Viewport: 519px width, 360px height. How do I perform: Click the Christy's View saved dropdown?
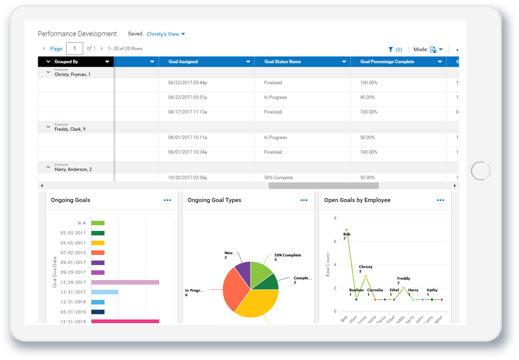pos(166,34)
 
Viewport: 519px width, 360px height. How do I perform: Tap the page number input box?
pos(75,49)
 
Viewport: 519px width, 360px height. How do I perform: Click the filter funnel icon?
pos(391,50)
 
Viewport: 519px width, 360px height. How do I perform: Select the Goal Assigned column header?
pos(183,62)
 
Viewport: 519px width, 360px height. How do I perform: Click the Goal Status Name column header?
pos(282,62)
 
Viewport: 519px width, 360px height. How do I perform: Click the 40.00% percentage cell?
pos(368,98)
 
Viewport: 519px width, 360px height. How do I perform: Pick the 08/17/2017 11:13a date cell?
pos(187,112)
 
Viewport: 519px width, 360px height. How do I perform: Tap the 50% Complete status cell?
pos(278,178)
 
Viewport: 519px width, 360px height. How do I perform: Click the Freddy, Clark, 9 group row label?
pos(70,129)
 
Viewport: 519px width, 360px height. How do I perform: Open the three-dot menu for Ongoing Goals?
pos(167,201)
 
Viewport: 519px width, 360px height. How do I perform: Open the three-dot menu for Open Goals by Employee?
pos(440,201)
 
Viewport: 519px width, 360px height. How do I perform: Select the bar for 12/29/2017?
pos(125,282)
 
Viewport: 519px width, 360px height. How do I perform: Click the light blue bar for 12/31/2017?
pos(104,292)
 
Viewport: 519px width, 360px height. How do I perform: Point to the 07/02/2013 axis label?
pos(73,253)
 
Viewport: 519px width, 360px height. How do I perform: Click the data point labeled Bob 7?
pos(346,230)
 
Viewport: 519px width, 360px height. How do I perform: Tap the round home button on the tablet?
pos(481,171)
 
